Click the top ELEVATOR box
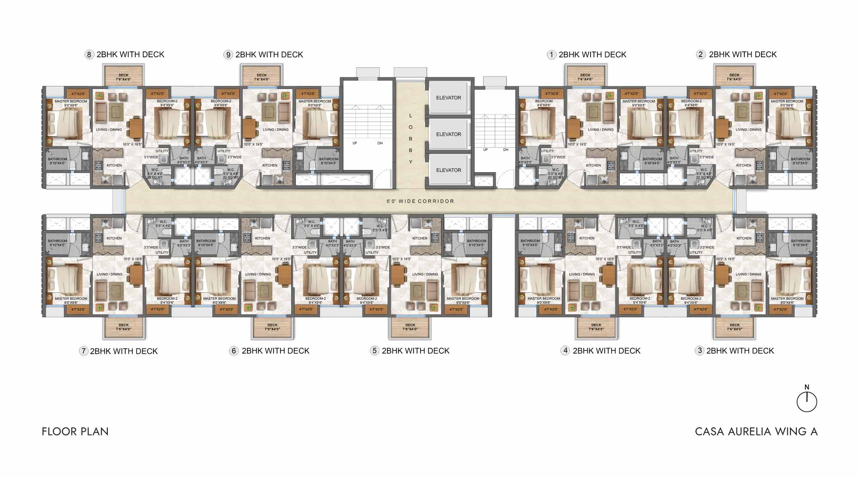448,97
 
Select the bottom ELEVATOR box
448,170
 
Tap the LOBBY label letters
411,139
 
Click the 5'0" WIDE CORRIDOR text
420,201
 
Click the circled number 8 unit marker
89,55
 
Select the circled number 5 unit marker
374,351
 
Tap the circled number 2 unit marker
701,55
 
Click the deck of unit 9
262,76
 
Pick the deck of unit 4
596,327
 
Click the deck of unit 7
124,327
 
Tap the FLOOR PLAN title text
75,431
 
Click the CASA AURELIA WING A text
756,431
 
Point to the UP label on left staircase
355,143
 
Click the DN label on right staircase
506,150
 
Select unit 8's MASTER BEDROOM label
71,102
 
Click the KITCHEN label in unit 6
262,238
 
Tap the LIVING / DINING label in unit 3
748,274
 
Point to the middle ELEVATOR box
448,134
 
